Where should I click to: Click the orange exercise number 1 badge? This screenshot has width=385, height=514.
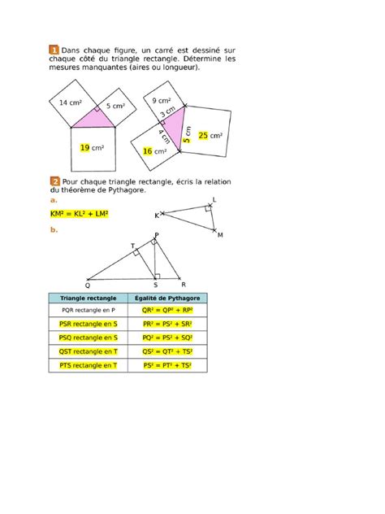coord(54,49)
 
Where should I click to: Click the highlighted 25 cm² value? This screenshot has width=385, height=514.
coord(210,136)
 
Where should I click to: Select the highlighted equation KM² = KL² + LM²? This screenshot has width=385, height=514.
coord(79,214)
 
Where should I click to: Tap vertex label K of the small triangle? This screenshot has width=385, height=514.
coord(157,216)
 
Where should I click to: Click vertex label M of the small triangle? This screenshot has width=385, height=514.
coord(219,235)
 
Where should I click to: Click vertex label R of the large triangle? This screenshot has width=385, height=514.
coord(184,285)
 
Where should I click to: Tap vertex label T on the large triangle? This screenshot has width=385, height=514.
coord(132,246)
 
